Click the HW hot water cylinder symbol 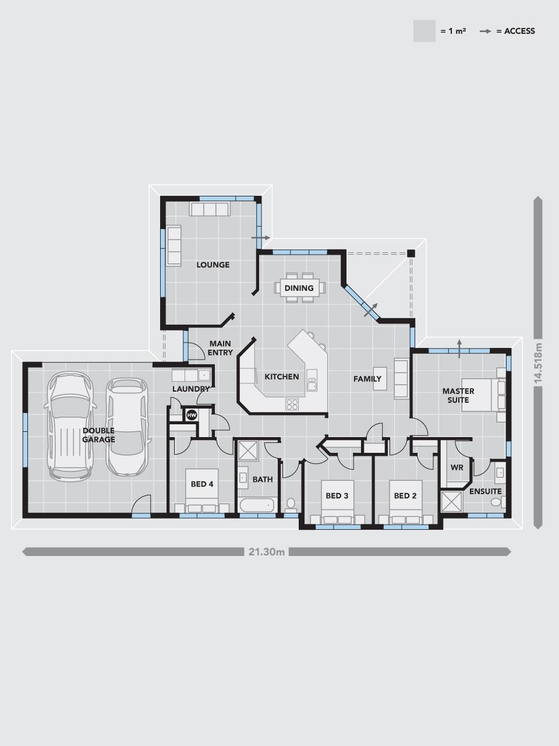point(192,415)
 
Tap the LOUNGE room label point(213,265)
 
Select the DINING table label point(299,288)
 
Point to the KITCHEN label point(282,377)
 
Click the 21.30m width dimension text point(267,551)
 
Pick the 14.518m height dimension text point(538,363)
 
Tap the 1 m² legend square point(424,31)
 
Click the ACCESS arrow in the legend point(486,31)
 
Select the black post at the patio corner point(411,253)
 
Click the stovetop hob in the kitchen point(292,404)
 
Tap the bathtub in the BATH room point(257,505)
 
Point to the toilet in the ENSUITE point(498,502)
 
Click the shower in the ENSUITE point(451,501)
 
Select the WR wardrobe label point(457,467)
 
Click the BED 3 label point(337,496)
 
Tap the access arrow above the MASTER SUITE point(459,349)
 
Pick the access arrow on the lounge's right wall point(261,238)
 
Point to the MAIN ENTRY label point(220,348)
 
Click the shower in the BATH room point(248,451)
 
